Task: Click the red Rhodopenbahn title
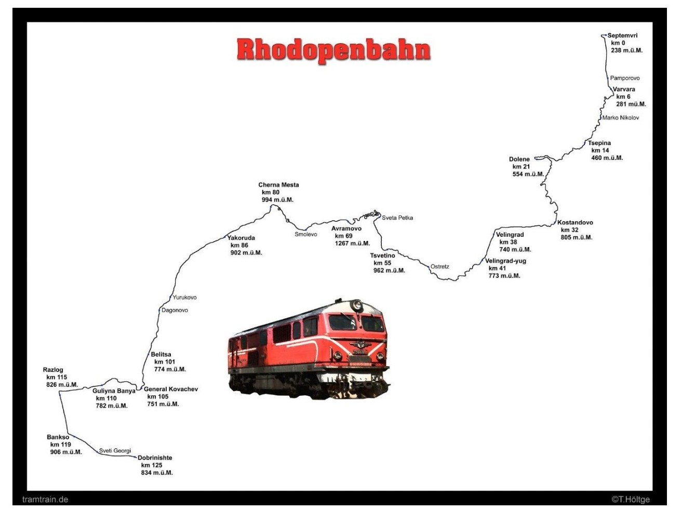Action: (333, 50)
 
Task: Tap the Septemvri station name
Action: (622, 35)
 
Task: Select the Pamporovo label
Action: (625, 78)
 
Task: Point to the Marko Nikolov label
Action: (621, 118)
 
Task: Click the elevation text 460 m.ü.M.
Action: (607, 158)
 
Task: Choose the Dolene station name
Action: (519, 159)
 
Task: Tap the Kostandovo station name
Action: (575, 222)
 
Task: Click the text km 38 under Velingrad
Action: (508, 242)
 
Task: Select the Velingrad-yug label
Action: (505, 261)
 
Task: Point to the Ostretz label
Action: (439, 266)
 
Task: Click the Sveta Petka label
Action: (397, 218)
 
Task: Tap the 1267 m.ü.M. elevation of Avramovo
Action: (352, 243)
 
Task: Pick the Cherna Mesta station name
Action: (278, 185)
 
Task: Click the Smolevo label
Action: (306, 234)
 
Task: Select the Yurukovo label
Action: (184, 297)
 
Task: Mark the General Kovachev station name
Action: (170, 389)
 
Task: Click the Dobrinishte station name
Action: (155, 458)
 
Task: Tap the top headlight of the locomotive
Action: (357, 305)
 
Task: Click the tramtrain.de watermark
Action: (45, 500)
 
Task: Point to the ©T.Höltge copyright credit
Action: (631, 500)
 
